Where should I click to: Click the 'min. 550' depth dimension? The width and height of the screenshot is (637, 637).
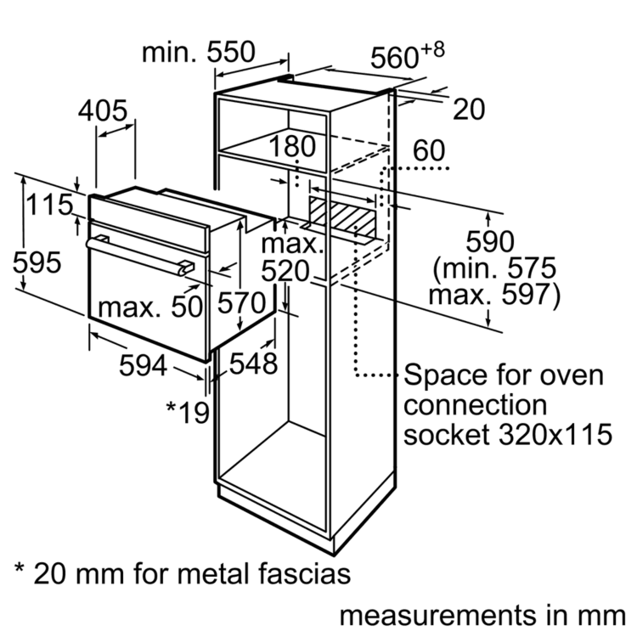point(198,53)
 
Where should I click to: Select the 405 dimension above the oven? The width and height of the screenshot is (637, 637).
point(103,110)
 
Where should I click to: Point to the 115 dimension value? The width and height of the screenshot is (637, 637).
point(48,206)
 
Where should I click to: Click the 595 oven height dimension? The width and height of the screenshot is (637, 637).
point(37,262)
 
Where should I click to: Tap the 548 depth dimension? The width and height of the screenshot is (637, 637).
point(252,364)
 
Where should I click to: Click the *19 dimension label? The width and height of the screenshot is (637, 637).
point(187,412)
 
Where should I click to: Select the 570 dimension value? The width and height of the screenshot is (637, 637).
point(243,302)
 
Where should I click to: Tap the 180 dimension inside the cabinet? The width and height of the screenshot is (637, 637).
point(293,147)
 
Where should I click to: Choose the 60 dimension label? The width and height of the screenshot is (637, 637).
point(430,151)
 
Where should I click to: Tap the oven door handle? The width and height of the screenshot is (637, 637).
point(136,254)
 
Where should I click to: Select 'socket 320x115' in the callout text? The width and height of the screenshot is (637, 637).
point(507,434)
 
